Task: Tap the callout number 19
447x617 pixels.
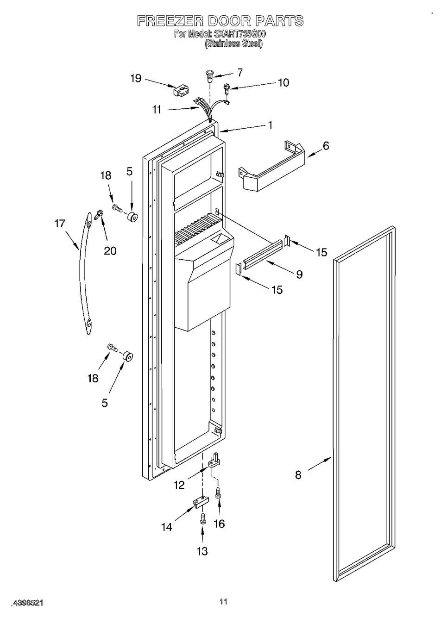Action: tap(136, 79)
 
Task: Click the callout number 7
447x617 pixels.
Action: tap(240, 73)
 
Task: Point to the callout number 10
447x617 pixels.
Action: tap(283, 83)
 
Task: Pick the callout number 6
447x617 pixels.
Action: tap(326, 146)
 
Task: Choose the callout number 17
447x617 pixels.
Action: tap(60, 224)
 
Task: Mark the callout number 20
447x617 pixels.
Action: tap(110, 251)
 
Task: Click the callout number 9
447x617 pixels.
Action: tap(299, 274)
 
